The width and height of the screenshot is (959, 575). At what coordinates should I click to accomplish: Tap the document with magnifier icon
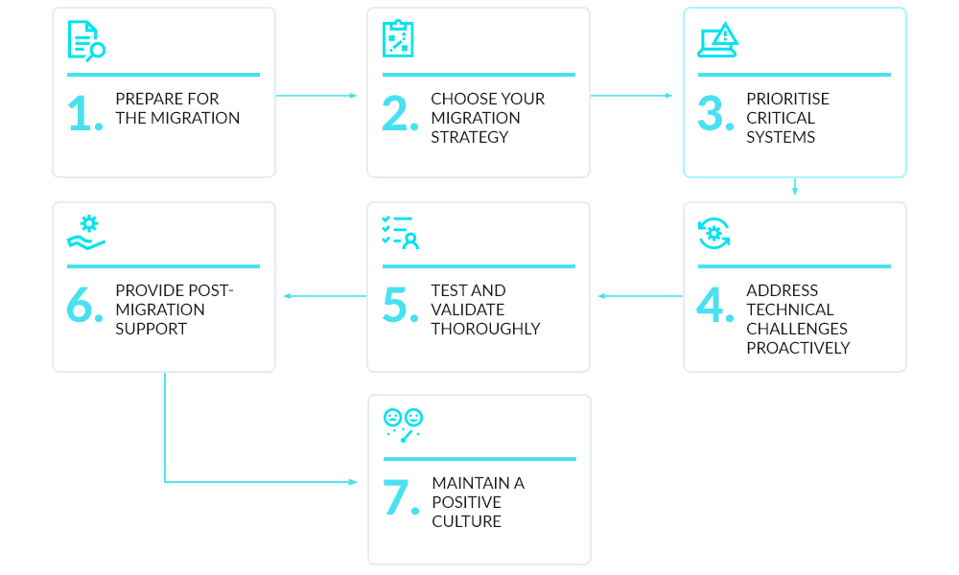[85, 40]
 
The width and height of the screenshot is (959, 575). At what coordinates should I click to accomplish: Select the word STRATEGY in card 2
[470, 137]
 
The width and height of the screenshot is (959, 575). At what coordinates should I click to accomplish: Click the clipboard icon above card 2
[398, 39]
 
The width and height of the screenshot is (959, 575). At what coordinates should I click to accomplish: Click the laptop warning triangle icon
[717, 40]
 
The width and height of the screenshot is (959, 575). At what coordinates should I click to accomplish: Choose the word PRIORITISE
[787, 99]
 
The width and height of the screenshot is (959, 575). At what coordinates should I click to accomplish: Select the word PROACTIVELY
[798, 348]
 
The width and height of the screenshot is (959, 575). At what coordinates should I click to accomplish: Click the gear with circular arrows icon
[713, 233]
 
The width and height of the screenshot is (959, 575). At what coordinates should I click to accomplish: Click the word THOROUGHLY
[485, 329]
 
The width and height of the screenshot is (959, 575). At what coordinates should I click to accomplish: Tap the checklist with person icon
[400, 233]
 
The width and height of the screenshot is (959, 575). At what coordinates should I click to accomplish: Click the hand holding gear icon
[86, 233]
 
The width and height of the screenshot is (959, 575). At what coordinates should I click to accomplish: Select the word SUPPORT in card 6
[151, 329]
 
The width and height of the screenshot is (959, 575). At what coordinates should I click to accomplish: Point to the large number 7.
[398, 498]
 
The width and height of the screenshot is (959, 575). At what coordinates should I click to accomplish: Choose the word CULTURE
[466, 521]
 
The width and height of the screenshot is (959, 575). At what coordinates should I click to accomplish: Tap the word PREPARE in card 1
[147, 99]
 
